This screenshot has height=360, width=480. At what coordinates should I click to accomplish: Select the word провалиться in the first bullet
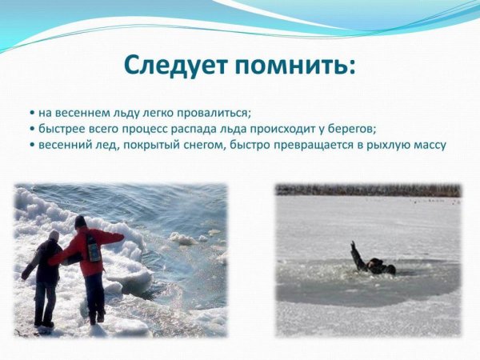click(x=216, y=111)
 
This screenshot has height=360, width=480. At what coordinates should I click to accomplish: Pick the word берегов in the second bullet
click(x=350, y=128)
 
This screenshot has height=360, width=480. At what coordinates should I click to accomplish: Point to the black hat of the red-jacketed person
click(x=80, y=222)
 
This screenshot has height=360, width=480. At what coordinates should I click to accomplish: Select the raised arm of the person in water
click(x=354, y=252)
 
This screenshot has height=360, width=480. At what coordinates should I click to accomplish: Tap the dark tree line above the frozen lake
click(x=368, y=190)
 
